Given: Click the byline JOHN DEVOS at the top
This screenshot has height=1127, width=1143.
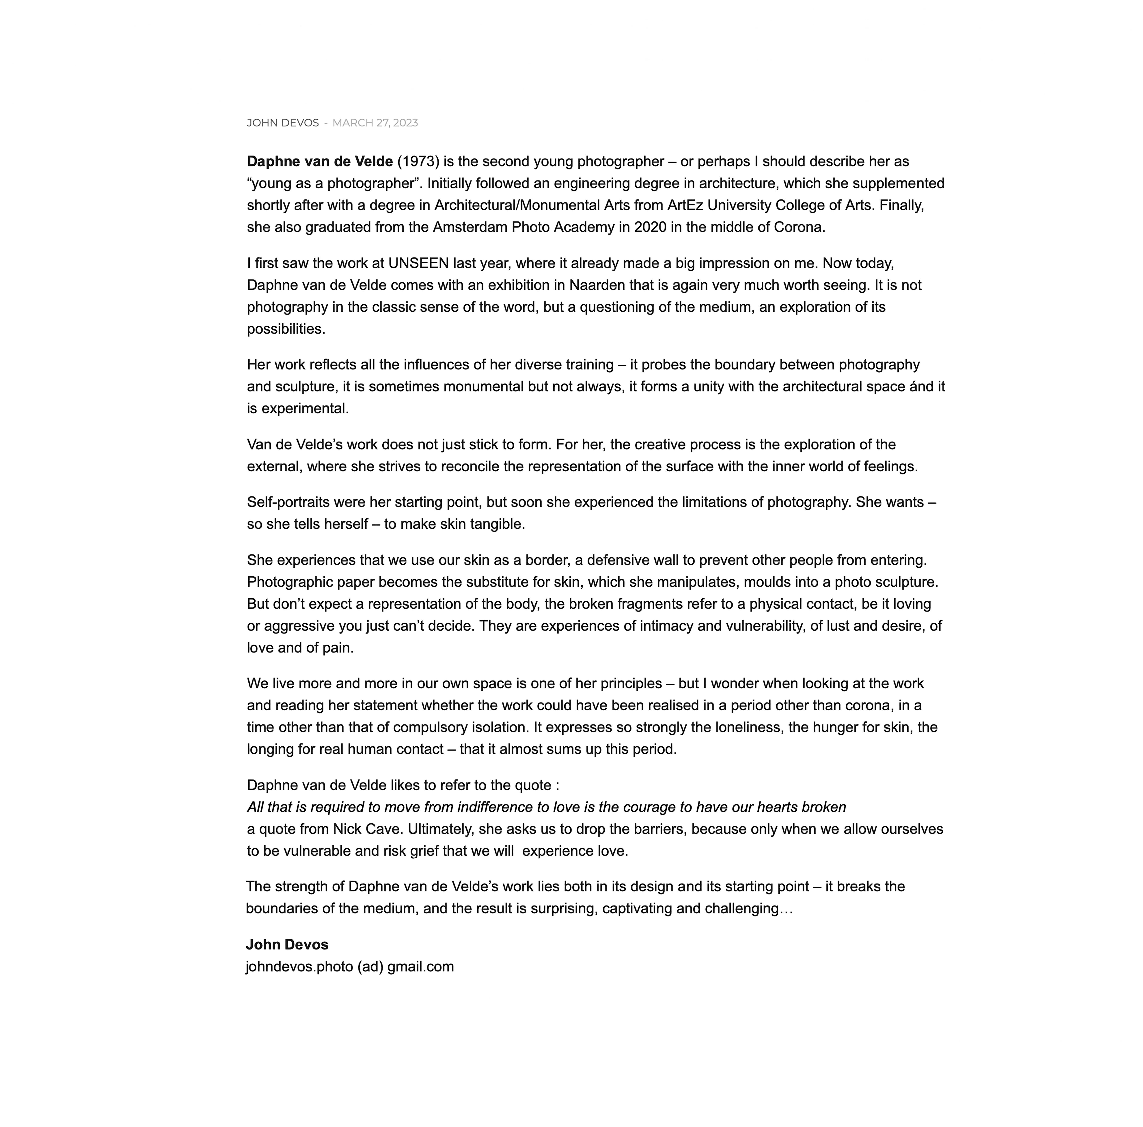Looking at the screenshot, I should pos(282,123).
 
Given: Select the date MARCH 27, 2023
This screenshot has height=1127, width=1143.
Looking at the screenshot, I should pos(375,123).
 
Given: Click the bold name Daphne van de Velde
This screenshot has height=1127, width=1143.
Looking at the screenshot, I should pos(319,162).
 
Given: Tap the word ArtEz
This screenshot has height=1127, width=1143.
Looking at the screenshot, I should pos(685,205).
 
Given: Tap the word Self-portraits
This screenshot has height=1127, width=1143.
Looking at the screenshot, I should pos(288,502).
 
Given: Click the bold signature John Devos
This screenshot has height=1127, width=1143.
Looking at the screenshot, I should pos(287,945).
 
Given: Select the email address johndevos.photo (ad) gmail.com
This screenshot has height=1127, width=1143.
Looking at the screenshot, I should pos(350,967).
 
